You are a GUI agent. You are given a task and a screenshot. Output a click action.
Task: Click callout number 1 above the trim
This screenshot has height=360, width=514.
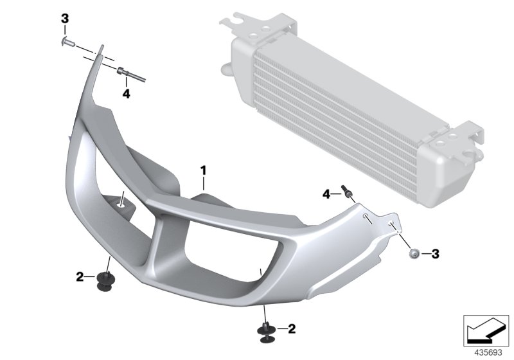(203, 170)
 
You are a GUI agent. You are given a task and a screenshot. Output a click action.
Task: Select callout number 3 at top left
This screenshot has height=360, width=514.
(64, 19)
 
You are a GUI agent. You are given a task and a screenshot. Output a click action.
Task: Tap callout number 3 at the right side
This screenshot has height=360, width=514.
(435, 254)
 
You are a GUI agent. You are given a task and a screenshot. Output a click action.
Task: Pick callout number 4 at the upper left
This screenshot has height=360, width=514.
(126, 94)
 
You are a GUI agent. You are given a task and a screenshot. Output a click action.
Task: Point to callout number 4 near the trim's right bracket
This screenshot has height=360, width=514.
(327, 194)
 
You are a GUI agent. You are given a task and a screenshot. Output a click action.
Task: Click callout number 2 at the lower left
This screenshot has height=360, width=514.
(80, 277)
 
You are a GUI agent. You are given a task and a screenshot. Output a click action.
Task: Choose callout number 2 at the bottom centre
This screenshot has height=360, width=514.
(292, 329)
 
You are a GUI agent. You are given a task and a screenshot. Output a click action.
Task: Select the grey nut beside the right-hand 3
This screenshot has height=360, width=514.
(414, 255)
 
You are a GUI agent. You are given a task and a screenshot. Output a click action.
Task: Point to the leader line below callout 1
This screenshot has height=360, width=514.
(203, 183)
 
